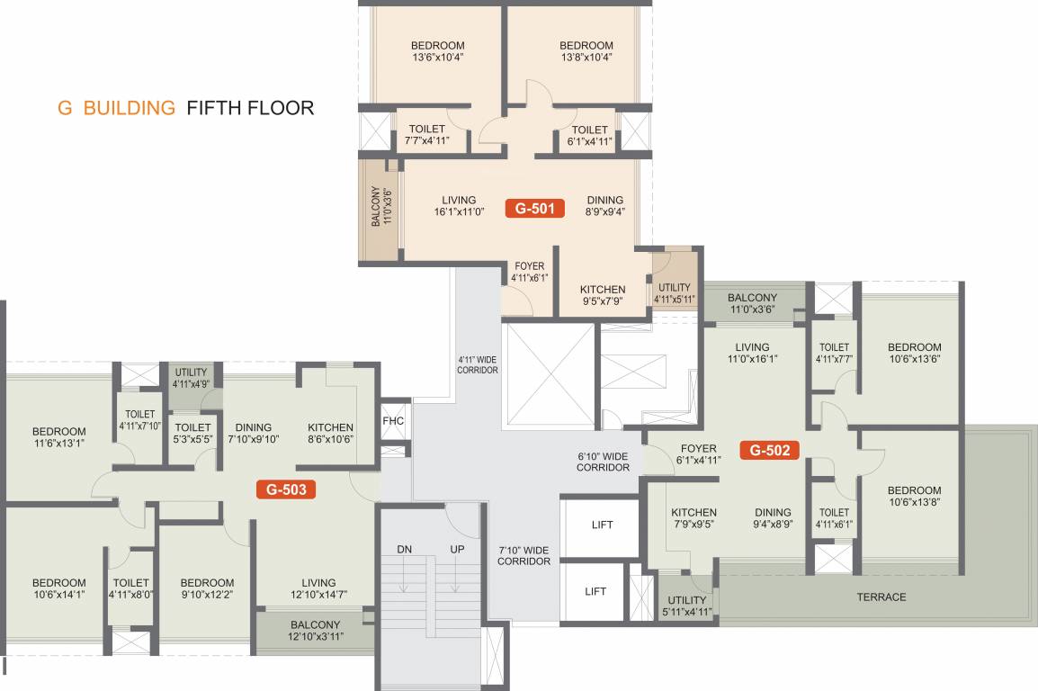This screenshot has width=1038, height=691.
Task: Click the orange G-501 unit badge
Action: point(535,209)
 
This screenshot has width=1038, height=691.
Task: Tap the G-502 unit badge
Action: point(769,450)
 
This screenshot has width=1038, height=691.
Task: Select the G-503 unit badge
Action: point(286,489)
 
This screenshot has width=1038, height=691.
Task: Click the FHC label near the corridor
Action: point(393,421)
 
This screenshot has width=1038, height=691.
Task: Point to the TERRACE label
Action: point(881,597)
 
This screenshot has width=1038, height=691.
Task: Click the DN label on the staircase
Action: point(404,549)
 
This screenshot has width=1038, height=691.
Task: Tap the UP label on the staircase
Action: point(457,549)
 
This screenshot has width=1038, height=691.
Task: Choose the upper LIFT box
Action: point(602,525)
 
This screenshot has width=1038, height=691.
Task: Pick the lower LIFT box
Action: point(595,591)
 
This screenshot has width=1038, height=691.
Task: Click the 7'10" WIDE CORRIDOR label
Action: point(524,555)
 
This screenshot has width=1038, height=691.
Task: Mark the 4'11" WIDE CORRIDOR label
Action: point(477,364)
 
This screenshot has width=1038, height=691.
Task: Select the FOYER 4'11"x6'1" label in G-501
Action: point(529,273)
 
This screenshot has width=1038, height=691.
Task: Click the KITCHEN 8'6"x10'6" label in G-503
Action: point(330,434)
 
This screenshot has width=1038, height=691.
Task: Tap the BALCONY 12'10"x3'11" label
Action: point(315,631)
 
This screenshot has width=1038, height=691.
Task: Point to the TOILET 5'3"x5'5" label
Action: point(192,434)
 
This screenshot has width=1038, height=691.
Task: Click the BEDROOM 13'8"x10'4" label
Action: point(586,51)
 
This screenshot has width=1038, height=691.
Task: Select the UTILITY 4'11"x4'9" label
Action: point(191,378)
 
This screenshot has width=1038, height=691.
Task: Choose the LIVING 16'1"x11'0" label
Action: point(459,206)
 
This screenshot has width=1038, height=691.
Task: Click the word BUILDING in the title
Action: point(129,108)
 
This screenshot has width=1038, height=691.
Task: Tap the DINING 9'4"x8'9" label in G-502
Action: point(773,518)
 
